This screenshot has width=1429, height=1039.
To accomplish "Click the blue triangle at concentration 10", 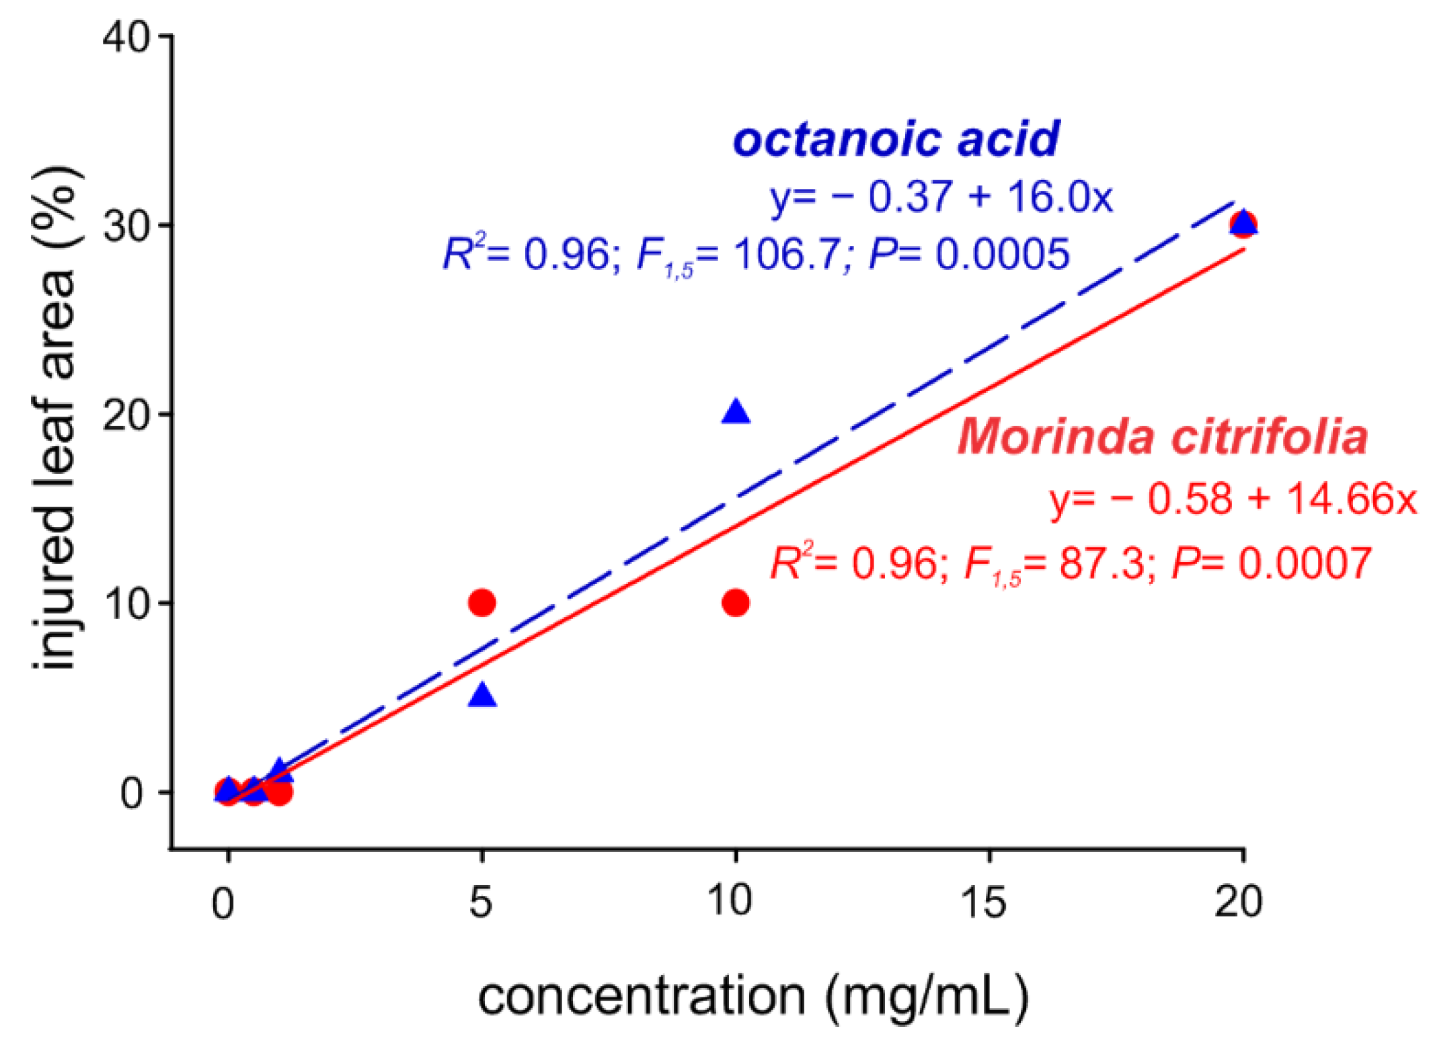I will (736, 412).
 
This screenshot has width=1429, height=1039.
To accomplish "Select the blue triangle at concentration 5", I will (482, 696).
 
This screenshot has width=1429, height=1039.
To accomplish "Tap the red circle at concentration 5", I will (482, 602).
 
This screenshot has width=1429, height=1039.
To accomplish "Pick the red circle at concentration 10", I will (736, 602).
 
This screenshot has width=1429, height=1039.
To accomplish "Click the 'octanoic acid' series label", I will (896, 139).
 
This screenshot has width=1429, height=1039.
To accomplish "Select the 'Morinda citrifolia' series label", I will (1162, 437).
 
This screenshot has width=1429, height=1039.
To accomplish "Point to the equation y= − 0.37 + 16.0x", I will (940, 198).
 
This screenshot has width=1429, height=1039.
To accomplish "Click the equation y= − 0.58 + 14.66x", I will (1232, 499).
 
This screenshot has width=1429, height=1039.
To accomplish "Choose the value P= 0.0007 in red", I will (1271, 563).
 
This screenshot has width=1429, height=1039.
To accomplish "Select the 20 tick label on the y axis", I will (126, 415).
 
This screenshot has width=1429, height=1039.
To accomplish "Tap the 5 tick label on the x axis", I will (481, 902).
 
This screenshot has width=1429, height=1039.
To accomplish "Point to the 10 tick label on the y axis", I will (126, 604).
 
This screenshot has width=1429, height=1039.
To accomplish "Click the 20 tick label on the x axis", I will (1238, 902).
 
